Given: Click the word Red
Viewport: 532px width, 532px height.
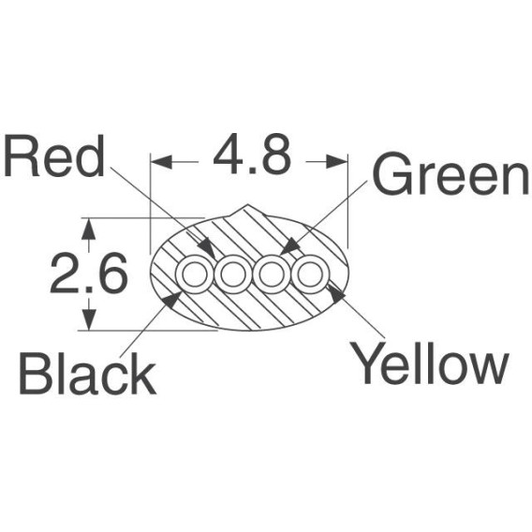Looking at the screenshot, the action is tap(53, 156).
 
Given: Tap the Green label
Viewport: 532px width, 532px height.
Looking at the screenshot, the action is tap(451, 173).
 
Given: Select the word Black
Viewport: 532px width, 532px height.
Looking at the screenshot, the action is tap(87, 373).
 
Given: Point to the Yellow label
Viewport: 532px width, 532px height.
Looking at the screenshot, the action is tap(429, 362).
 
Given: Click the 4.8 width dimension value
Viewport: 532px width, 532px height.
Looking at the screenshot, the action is tap(252, 154).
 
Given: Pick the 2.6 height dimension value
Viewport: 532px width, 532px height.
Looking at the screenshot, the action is tap(89, 273).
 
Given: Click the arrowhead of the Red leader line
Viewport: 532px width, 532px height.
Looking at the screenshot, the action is tap(208, 249).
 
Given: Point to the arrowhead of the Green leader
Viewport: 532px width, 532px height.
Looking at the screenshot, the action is tap(290, 246).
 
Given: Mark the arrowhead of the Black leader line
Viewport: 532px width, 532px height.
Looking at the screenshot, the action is tap(172, 300).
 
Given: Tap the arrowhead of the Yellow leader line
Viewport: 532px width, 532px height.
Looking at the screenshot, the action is tap(336, 293).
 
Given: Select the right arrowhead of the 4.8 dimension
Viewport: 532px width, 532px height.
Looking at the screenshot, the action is tap(336, 162).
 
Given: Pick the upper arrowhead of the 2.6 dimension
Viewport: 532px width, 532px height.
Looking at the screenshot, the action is tap(89, 229).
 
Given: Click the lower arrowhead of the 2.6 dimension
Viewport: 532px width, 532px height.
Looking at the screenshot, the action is tap(89, 319).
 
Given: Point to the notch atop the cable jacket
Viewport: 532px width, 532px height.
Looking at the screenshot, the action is tap(247, 209).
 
